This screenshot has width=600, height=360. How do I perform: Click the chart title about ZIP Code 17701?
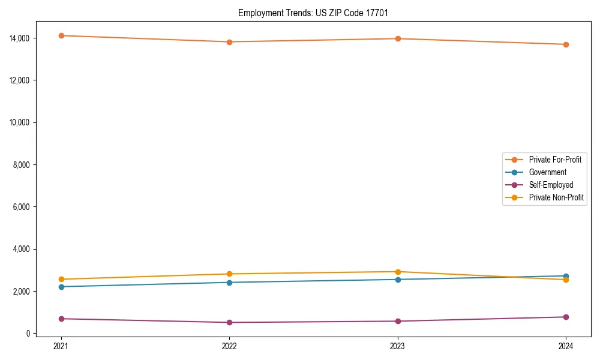coord(313,13)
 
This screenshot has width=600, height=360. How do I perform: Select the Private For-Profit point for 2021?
coord(61,35)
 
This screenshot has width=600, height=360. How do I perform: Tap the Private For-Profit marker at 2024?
coord(566,44)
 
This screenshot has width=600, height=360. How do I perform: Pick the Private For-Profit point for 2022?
coord(229,42)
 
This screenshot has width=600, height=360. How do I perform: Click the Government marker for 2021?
coord(61,287)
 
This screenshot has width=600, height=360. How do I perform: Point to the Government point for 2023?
coord(398,280)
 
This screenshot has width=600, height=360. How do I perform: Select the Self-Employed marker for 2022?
coord(229,322)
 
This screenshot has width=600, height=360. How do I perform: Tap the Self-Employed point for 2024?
coord(566,317)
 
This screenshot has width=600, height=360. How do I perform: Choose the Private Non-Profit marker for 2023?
coord(398,272)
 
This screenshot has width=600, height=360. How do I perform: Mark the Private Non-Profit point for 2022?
coord(229,274)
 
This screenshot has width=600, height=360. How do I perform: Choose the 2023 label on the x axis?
coord(398,346)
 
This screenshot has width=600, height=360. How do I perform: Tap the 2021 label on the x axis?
coord(61,346)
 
